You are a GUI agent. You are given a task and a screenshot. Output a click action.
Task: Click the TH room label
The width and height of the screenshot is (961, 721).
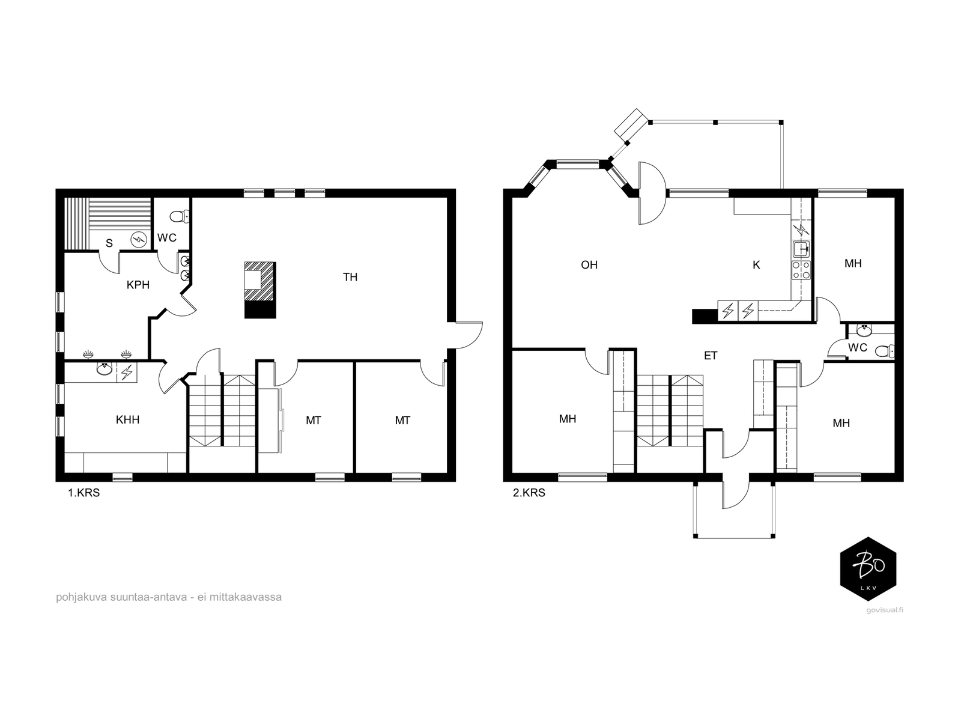pyautogui.click(x=350, y=277)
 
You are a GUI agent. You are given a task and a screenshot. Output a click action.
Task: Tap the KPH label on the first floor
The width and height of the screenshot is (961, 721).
pyautogui.click(x=138, y=285)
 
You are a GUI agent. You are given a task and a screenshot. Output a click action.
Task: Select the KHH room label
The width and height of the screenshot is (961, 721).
pyautogui.click(x=127, y=420)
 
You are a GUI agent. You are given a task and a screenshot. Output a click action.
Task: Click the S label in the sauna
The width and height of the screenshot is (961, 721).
pyautogui.click(x=109, y=243)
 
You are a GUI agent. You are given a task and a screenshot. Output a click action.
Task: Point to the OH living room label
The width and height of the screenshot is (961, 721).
pyautogui.click(x=589, y=265)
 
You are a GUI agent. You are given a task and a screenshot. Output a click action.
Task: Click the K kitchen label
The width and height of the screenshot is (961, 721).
pyautogui.click(x=756, y=265)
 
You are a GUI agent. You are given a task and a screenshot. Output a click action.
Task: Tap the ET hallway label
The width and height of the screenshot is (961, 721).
pyautogui.click(x=711, y=356)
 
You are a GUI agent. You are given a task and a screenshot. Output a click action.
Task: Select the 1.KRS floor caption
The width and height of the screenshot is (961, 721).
pyautogui.click(x=83, y=493)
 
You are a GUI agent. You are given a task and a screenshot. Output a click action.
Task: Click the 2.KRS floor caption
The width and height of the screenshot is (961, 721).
pyautogui.click(x=529, y=493)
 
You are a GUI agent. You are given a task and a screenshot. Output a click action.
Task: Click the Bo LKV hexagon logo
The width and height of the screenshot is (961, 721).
pyautogui.click(x=868, y=568)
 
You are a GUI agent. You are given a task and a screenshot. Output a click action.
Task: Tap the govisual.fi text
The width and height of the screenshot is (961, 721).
pyautogui.click(x=884, y=610)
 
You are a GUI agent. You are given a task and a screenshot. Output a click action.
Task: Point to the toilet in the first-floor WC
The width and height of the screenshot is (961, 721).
pyautogui.click(x=179, y=216)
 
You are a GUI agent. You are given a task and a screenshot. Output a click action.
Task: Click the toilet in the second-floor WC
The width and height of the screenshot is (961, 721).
pyautogui.click(x=884, y=351)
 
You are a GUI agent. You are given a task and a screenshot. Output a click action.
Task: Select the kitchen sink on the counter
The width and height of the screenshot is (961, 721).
pyautogui.click(x=802, y=249)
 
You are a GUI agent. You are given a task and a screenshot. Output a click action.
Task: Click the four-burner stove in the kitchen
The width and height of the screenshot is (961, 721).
pyautogui.click(x=801, y=270)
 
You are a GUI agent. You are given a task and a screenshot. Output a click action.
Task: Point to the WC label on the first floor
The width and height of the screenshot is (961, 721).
pyautogui.click(x=167, y=238)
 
